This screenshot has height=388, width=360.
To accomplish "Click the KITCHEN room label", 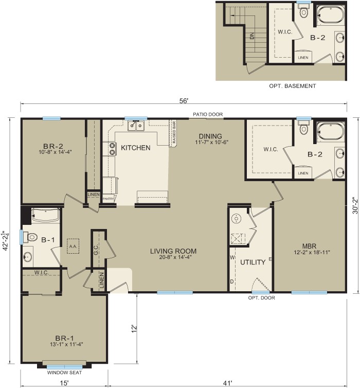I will pos(136,148).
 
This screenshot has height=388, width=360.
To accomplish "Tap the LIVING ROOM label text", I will pos(173,251).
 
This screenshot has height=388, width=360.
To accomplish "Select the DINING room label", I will pos(210,136).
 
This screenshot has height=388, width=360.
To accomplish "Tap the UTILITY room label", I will pos(253,262).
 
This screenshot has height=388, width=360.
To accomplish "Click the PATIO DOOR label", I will pos(207,114).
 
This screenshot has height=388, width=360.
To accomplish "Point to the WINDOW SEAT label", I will pos(64,373).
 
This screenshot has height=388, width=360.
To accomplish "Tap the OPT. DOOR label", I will pos(261,298).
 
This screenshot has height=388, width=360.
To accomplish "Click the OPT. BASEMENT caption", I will pos(292,86).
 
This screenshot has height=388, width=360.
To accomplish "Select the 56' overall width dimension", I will pos(184,101).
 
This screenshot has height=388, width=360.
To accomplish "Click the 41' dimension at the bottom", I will pos(227,382).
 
